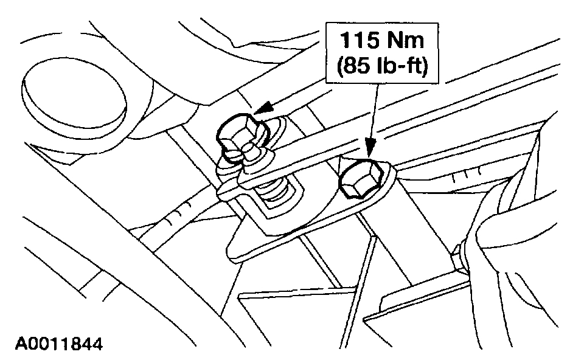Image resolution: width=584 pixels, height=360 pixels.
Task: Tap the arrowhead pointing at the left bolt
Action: click(262, 109)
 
